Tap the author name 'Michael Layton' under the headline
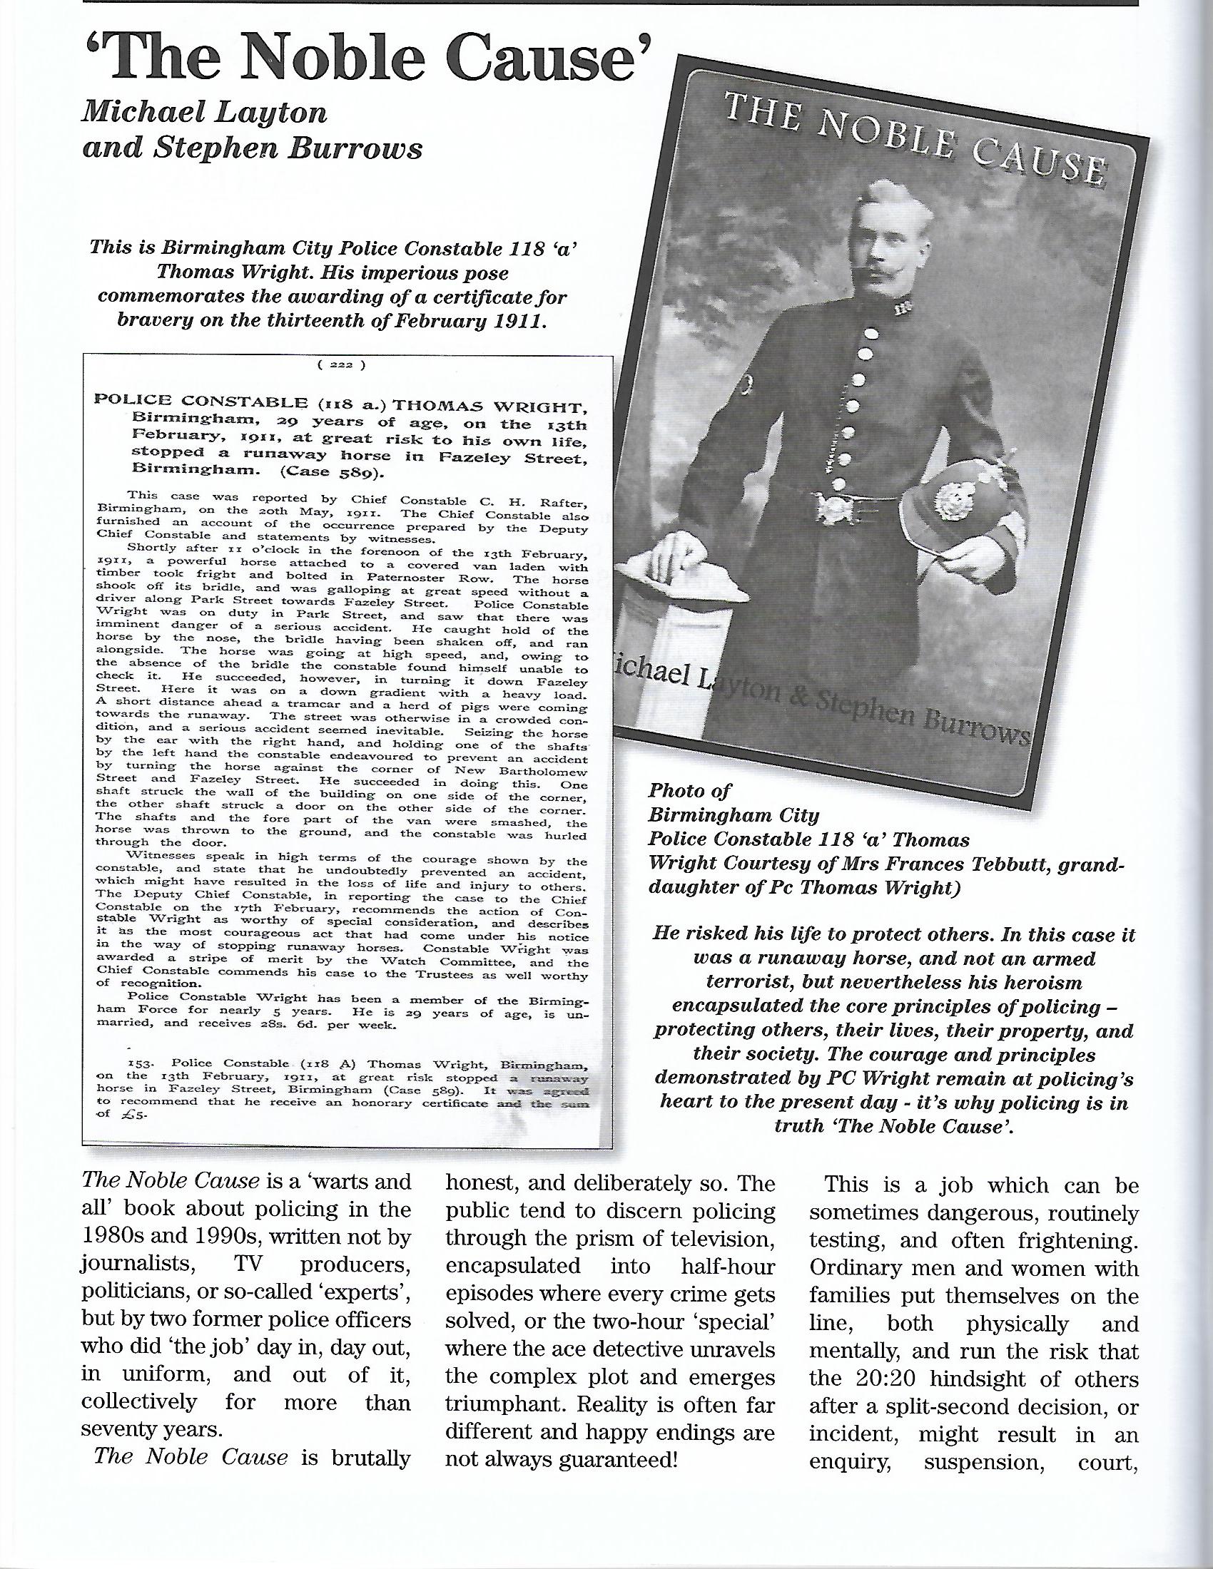pyautogui.click(x=205, y=113)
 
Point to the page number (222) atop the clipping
pyautogui.click(x=341, y=364)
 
